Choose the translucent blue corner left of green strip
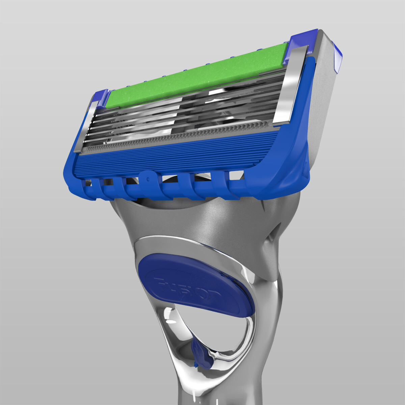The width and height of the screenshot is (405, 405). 101,98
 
